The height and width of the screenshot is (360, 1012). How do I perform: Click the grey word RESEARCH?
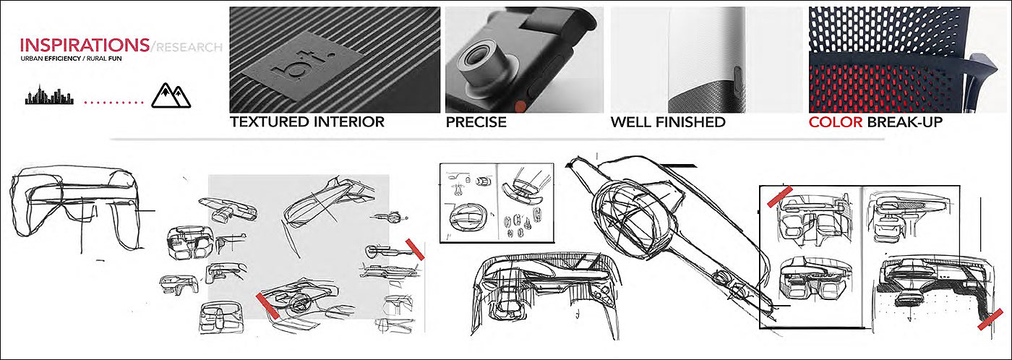[x=189, y=48]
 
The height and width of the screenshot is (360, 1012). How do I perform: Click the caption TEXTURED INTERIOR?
[x=307, y=122]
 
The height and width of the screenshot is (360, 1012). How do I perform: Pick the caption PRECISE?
[x=476, y=122]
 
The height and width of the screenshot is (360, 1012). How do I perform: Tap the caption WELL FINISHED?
[x=668, y=122]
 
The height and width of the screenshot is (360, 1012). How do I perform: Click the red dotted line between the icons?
[x=114, y=103]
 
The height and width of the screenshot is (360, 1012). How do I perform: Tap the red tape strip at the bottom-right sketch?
[x=989, y=319]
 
